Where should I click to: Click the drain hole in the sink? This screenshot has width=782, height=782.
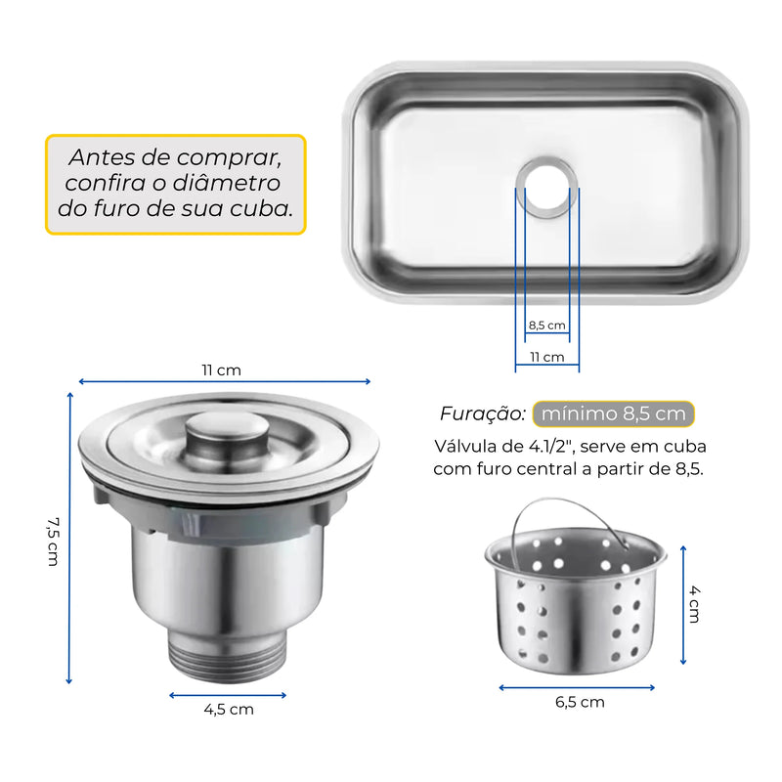coord(547,188)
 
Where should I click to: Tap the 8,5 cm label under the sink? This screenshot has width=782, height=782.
coord(547,326)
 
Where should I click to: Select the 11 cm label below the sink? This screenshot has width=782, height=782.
coord(547,357)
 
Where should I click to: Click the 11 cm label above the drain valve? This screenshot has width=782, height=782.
coord(222,370)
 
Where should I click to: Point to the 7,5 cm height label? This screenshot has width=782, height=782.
coord(53,542)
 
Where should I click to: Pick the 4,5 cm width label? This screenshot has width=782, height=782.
coord(229,710)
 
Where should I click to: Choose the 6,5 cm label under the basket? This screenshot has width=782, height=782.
coord(580,702)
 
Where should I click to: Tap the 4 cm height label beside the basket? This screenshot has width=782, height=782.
coord(694,604)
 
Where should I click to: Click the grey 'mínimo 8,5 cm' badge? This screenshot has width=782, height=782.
coord(614,413)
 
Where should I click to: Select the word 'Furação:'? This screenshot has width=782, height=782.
coord(482,413)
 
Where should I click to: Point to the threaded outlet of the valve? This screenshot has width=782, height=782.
coord(228,655)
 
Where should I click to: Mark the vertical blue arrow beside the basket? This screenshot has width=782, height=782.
coord(683,605)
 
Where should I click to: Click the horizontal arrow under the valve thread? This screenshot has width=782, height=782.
coord(228,695)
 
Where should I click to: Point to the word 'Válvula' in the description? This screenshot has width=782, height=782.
coord(466,446)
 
